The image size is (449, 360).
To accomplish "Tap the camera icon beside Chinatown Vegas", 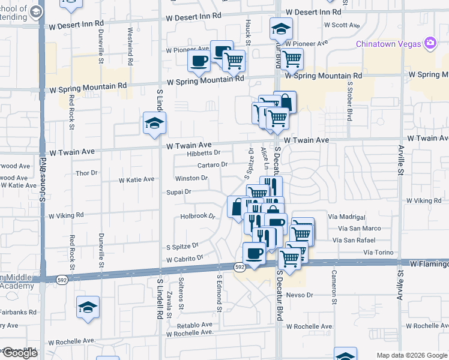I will click(x=430, y=43).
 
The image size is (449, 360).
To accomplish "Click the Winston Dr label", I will click(x=191, y=178).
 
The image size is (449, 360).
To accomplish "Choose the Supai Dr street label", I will click(x=179, y=192).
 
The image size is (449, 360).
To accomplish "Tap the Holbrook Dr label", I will click(x=198, y=216).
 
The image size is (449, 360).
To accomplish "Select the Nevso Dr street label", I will click(x=300, y=295).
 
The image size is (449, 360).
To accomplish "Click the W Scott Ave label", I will click(x=341, y=25).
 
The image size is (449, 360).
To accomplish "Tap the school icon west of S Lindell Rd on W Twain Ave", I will click(x=154, y=124).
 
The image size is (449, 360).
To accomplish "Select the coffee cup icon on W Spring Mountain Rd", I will click(x=199, y=61).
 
